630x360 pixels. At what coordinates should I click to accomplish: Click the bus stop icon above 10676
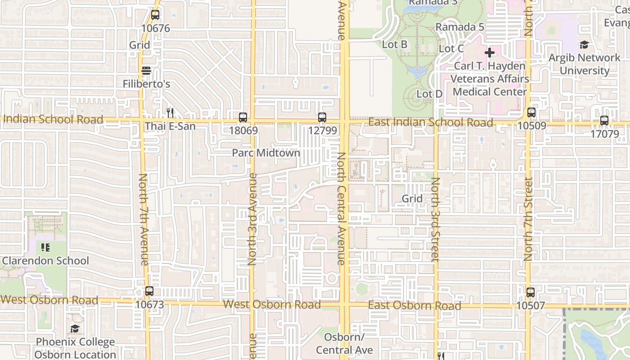pos(155,15)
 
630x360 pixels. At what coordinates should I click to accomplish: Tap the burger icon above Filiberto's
pos(146,71)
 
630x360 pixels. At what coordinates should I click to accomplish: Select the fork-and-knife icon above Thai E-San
pos(170,112)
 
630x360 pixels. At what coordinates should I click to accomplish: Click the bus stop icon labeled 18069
pos(243,117)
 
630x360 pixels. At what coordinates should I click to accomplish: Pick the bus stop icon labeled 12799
pos(322,117)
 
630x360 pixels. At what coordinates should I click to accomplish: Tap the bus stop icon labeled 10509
pos(531,112)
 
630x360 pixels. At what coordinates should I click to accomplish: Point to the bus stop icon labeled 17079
pos(604,121)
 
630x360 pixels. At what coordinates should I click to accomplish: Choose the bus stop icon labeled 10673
pos(149,291)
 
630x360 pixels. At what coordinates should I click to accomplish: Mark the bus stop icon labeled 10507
pos(531,292)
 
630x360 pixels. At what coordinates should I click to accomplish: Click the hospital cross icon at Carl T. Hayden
pos(490,53)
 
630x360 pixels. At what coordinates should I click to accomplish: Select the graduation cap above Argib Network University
pos(584,45)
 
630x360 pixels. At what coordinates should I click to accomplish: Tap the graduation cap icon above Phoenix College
pos(75,329)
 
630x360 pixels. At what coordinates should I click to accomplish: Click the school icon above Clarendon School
pos(45,247)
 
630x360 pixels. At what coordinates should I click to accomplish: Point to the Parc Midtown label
pos(266,153)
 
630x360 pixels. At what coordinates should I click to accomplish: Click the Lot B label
pos(395,45)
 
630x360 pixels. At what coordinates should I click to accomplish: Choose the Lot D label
pos(430,94)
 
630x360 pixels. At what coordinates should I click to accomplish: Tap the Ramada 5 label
pos(460,27)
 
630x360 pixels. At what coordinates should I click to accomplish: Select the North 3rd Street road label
pos(435,219)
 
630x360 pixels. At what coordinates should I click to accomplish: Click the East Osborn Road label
pos(414,306)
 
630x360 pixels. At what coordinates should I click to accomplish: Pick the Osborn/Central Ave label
pos(344,344)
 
